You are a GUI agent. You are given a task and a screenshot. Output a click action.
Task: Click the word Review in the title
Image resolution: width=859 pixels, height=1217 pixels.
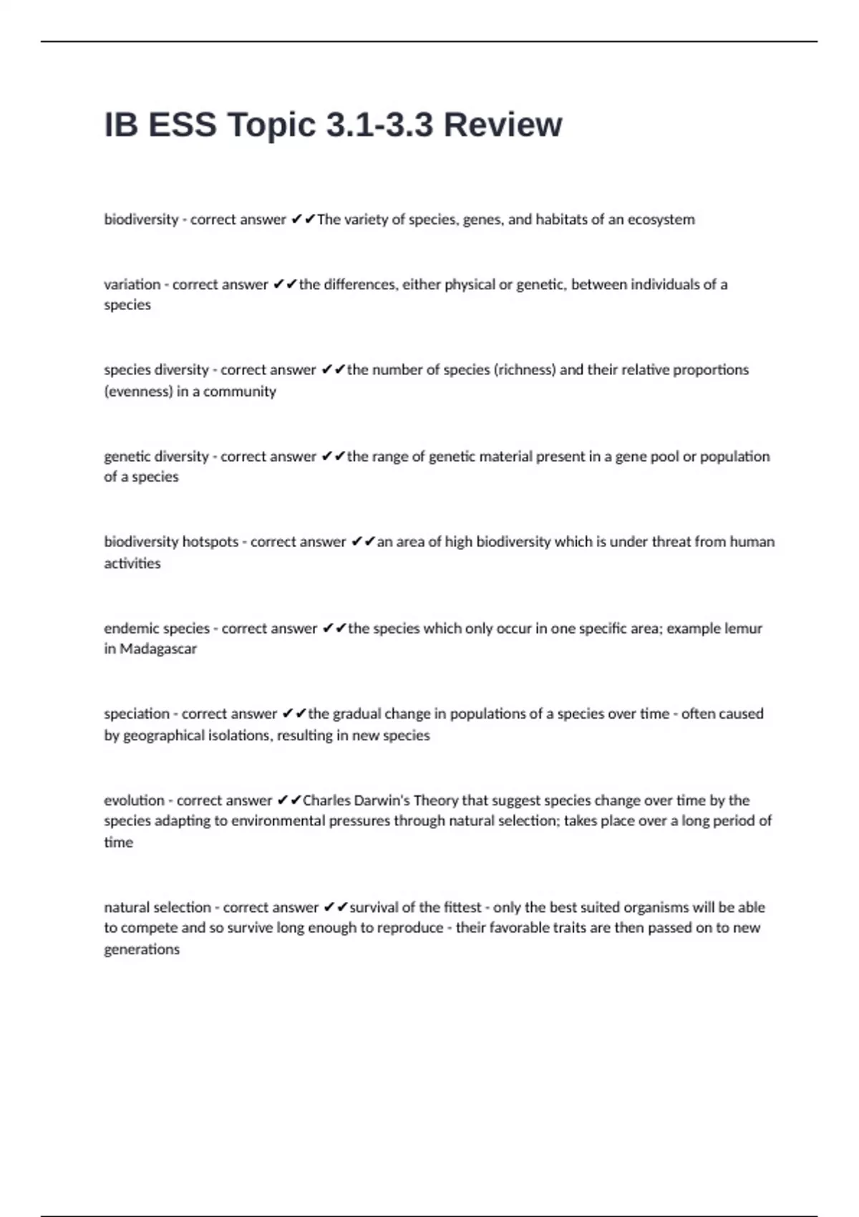(503, 125)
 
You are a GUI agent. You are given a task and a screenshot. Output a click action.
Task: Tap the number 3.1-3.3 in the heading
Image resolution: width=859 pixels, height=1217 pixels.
(379, 125)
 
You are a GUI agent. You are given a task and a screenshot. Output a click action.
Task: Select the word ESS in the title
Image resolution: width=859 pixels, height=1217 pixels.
(182, 125)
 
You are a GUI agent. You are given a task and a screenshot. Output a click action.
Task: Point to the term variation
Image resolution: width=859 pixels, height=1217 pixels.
(132, 284)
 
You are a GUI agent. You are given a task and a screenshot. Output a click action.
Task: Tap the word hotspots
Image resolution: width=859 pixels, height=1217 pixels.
(210, 542)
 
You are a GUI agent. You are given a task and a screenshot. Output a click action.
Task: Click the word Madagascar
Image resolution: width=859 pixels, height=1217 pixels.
(157, 649)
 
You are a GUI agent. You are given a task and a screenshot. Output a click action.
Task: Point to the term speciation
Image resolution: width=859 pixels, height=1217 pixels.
(137, 714)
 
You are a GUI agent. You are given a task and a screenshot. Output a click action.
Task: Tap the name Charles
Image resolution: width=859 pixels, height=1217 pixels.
(326, 800)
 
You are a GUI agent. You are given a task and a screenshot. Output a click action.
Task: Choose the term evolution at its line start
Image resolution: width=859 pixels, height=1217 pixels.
(134, 800)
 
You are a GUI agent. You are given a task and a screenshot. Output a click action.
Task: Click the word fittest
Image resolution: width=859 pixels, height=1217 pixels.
(462, 908)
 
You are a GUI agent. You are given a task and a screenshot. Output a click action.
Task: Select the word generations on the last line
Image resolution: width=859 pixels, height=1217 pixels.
(142, 950)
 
